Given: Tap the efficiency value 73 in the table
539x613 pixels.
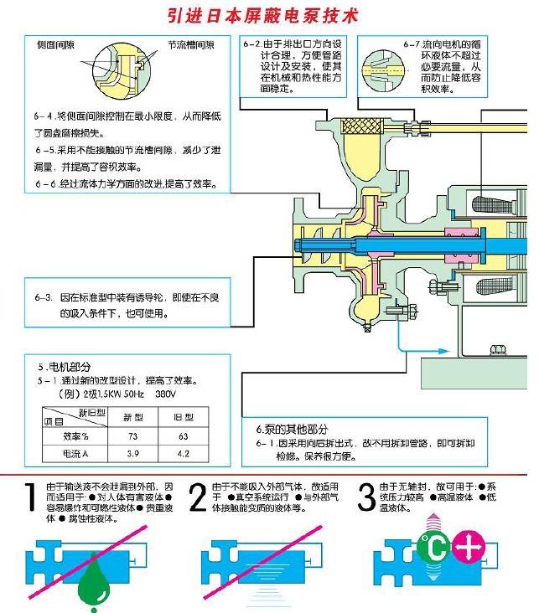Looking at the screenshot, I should tap(132, 436).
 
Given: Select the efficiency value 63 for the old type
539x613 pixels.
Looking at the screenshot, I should tap(182, 436).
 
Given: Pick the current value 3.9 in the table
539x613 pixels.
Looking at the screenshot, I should tap(132, 454).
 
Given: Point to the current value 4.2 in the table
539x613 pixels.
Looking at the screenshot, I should tap(182, 454).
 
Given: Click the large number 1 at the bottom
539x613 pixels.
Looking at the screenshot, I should tap(30, 498).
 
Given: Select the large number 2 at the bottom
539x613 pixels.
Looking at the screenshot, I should tap(198, 498).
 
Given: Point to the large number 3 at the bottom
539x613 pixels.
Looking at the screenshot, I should tap(366, 498).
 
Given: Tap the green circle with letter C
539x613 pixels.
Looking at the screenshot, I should tap(434, 550).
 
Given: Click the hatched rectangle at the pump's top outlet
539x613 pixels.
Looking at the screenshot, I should tap(363, 128).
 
